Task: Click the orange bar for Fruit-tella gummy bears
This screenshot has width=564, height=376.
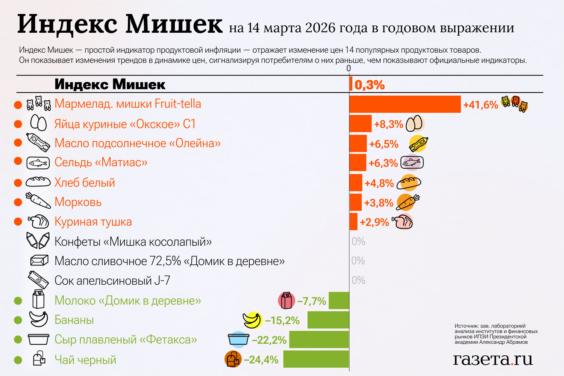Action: tap(405, 104)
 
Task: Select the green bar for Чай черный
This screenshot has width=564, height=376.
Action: tap(316, 359)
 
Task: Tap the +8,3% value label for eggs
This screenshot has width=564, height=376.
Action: tap(388, 124)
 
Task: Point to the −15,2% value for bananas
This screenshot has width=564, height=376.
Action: tap(282, 321)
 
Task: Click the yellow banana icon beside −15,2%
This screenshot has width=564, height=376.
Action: tap(252, 320)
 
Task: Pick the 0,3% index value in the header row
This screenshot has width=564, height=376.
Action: tap(369, 85)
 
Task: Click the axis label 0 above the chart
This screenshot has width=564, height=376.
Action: tap(349, 68)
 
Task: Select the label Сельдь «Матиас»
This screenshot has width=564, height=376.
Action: tap(101, 162)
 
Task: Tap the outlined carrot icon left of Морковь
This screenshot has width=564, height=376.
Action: tap(38, 200)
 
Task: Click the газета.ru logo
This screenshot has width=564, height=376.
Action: tap(493, 359)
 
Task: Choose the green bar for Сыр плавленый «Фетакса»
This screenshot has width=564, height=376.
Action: tap(319, 340)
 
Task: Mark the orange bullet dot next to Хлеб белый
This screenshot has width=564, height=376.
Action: tap(18, 183)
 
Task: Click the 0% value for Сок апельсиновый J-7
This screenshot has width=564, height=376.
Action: tap(359, 280)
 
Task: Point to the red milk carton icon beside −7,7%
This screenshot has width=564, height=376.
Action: tap(286, 300)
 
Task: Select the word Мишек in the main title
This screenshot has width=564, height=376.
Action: tap(174, 24)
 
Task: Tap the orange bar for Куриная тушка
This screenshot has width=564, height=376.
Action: tap(353, 221)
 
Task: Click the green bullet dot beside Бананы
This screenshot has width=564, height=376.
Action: tap(18, 320)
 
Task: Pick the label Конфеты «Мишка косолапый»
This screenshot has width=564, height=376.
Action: tap(133, 241)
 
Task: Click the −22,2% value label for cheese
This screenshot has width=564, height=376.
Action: tap(269, 340)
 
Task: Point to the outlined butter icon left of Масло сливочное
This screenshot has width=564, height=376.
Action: tap(39, 260)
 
